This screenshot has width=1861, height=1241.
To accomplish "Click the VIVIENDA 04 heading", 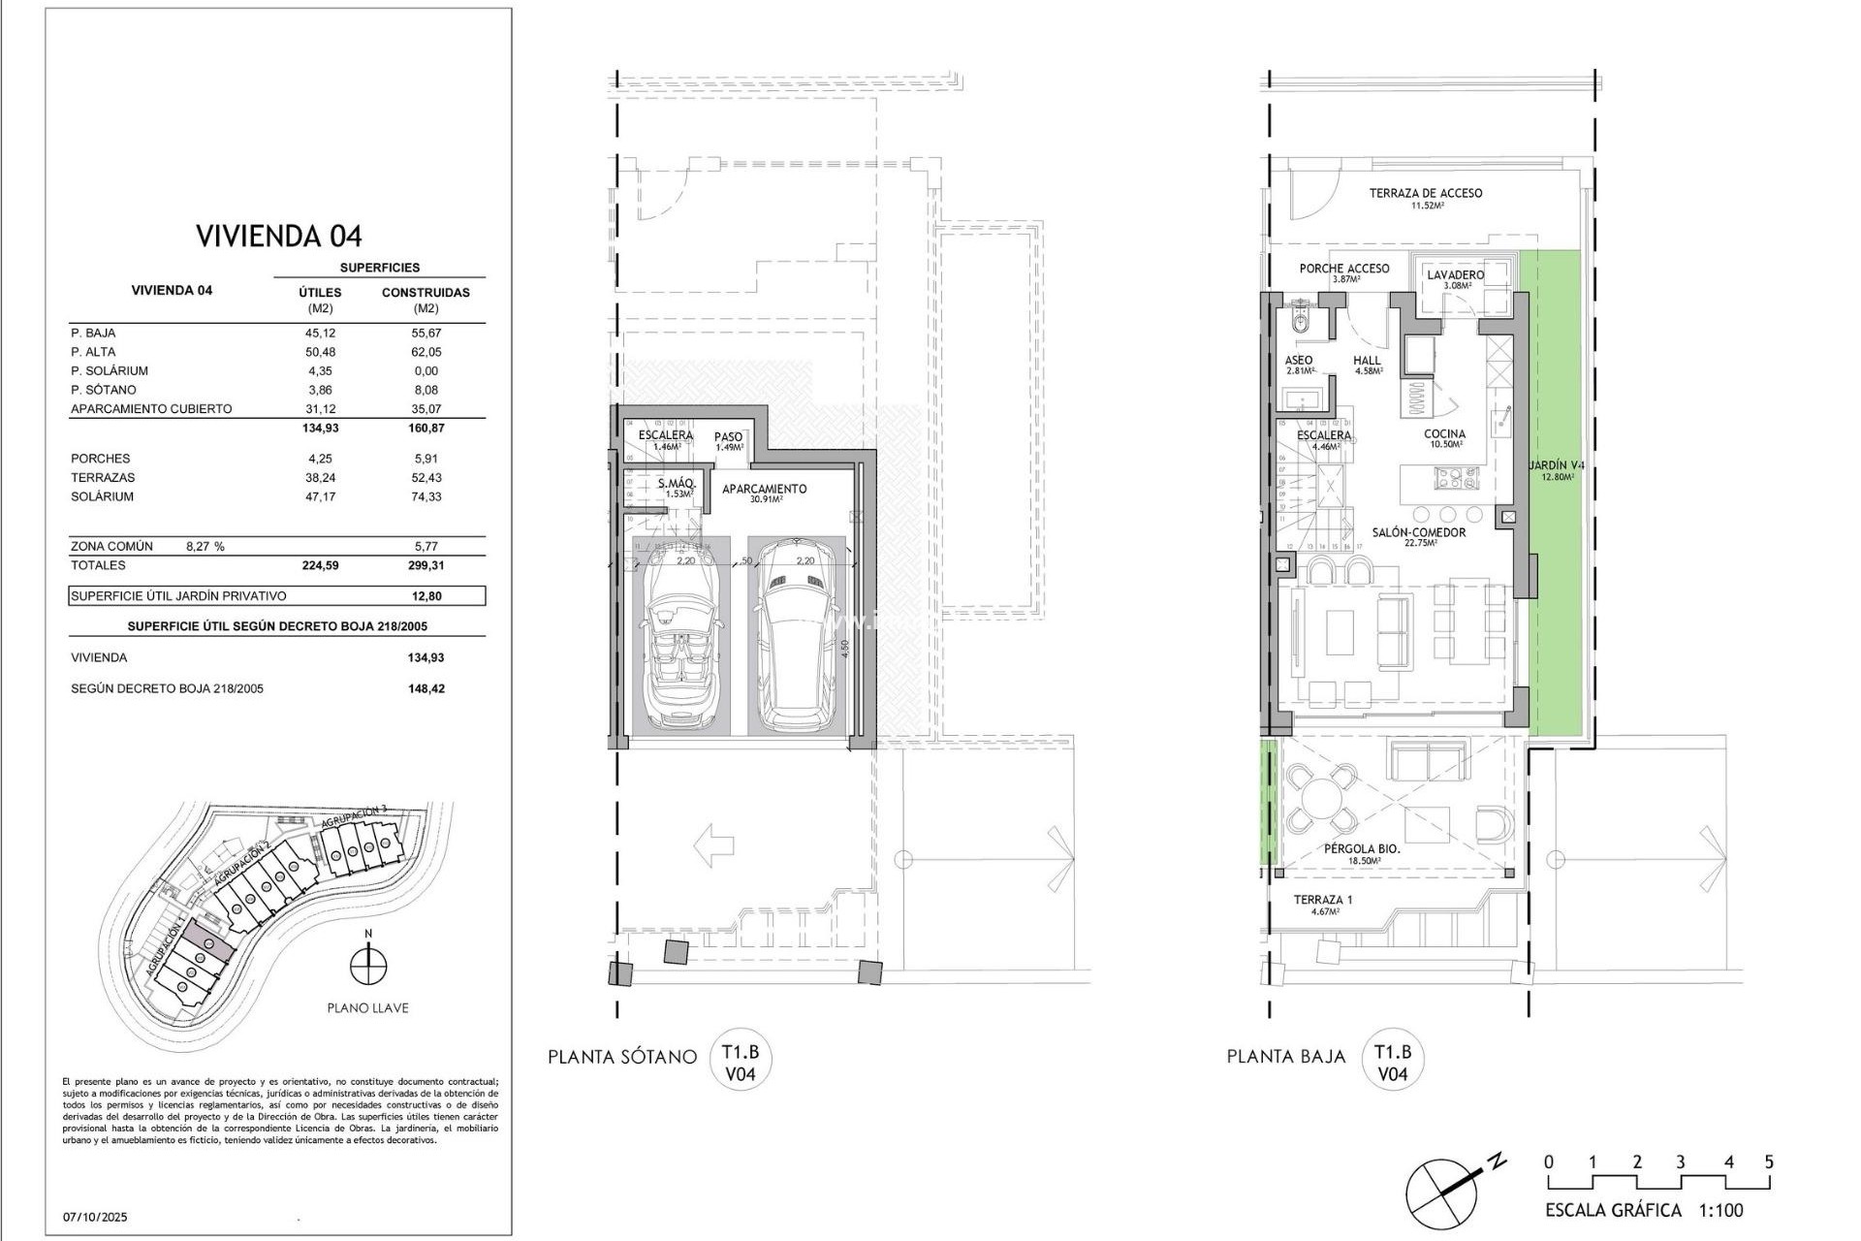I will (x=279, y=236).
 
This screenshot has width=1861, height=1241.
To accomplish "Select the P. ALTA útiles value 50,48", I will (x=320, y=352).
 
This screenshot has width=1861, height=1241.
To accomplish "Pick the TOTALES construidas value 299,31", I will (x=426, y=565).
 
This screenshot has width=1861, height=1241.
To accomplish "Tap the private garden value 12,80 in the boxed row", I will (x=426, y=596).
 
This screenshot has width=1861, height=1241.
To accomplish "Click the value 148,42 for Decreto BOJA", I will (x=426, y=688).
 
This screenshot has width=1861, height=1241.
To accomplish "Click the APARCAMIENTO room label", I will (x=765, y=490).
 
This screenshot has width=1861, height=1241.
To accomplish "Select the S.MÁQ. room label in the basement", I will (x=677, y=484).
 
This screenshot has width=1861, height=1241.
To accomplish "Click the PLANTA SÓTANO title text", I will (x=622, y=1057).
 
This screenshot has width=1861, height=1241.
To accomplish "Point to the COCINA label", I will (x=1444, y=434).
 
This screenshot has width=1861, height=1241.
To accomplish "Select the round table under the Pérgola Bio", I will (x=1320, y=801).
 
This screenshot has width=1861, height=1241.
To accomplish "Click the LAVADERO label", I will (x=1455, y=275).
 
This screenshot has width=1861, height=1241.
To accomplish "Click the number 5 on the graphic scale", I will (x=1769, y=1162).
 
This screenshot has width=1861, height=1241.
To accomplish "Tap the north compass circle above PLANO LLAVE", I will (x=368, y=966).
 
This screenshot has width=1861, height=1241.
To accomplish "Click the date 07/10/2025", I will (x=95, y=1217).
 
